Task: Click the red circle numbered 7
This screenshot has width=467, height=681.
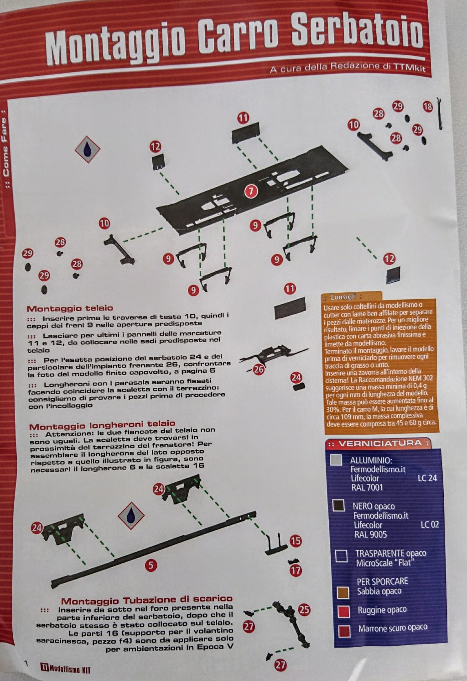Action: tap(251, 191)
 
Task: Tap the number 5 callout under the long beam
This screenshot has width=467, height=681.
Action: tap(151, 565)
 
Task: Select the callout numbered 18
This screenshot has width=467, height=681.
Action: tap(427, 106)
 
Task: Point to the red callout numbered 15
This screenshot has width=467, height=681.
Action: tap(296, 540)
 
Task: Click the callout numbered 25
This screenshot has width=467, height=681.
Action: tap(304, 609)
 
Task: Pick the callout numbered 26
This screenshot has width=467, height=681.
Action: tap(259, 370)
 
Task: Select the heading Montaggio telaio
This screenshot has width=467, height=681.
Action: tap(70, 308)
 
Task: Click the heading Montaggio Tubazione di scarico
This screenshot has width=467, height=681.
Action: tap(147, 600)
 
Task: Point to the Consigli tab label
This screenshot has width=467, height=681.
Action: tap(343, 297)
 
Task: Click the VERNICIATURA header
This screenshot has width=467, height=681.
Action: tap(380, 443)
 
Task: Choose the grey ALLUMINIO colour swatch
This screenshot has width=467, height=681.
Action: tap(336, 459)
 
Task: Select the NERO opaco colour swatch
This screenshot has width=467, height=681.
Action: tap(338, 505)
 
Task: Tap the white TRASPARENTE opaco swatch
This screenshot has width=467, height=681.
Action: tap(341, 556)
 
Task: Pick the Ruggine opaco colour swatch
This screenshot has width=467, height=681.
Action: tap(344, 612)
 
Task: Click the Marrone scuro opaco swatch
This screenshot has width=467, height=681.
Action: tap(344, 631)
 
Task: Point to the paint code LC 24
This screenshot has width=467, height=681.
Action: tap(427, 478)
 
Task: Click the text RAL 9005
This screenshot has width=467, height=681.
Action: tap(370, 534)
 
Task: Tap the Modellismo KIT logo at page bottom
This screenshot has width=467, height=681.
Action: tap(66, 669)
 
